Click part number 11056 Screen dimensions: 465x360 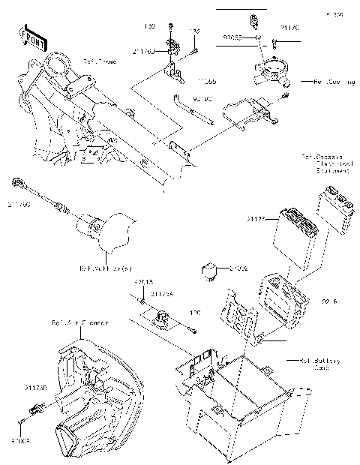[207, 79]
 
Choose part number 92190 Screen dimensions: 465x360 [202, 98]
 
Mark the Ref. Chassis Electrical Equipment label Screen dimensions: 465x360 [325, 164]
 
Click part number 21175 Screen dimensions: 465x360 [256, 218]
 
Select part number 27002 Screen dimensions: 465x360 [238, 267]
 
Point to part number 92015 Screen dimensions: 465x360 [143, 281]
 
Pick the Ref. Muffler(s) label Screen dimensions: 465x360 [106, 267]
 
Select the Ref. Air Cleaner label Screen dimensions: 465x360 [79, 322]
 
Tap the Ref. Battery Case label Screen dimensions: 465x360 [315, 364]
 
